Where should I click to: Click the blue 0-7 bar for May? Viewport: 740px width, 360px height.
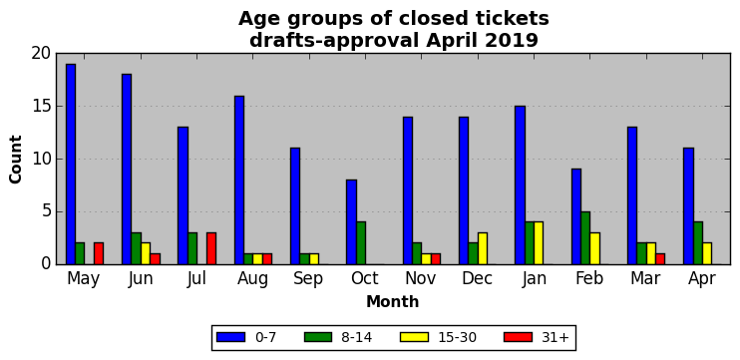(x=71, y=165)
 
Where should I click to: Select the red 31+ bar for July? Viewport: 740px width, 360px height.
(x=211, y=248)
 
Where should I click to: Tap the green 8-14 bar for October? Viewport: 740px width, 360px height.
(x=361, y=243)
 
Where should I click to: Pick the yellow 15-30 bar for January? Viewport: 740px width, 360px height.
(x=539, y=243)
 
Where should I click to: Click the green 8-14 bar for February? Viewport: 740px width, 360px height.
(x=585, y=238)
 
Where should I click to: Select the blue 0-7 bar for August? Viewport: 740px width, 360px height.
(x=239, y=180)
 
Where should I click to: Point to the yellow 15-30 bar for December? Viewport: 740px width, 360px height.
(x=483, y=248)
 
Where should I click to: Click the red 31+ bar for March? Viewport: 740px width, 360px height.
(x=660, y=259)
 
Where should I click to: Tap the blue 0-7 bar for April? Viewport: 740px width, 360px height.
(x=688, y=206)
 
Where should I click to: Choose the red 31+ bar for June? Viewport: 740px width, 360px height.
(x=156, y=259)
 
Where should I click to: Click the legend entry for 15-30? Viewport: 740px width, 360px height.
(x=439, y=337)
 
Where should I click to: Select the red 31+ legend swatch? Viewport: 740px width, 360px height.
(x=518, y=337)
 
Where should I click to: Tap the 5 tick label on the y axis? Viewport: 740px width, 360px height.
(x=46, y=211)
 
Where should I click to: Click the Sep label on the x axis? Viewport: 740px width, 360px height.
(x=308, y=279)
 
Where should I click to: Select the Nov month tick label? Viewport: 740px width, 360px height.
(x=421, y=278)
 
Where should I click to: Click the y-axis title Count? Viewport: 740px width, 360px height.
(x=16, y=159)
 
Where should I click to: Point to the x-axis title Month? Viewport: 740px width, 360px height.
(x=393, y=301)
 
